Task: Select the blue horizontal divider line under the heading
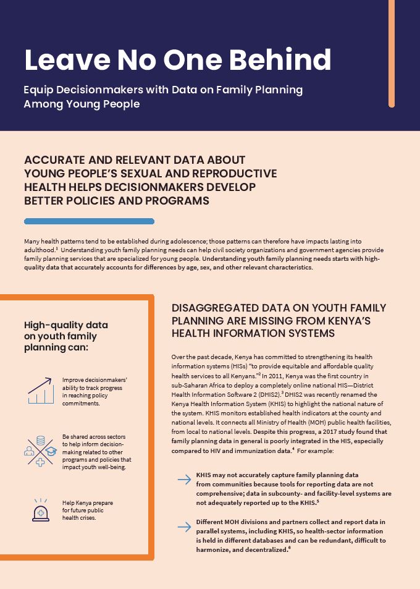[89, 221]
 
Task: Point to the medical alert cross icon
[41, 511]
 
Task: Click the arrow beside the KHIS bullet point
[183, 479]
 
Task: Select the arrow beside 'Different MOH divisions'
[183, 527]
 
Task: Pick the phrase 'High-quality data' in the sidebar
[65, 325]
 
